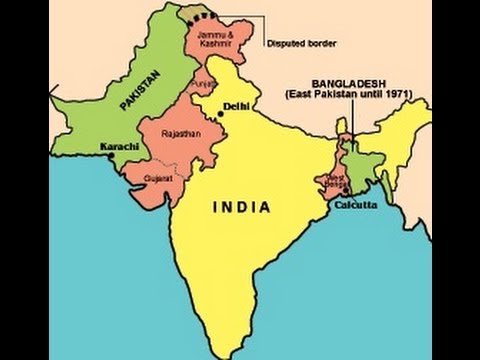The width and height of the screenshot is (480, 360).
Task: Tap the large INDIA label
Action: [x=240, y=207]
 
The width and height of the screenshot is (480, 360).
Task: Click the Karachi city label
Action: [x=118, y=146]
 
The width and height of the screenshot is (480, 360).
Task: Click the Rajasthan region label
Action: [x=176, y=132]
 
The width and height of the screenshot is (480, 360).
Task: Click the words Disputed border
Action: [x=301, y=43]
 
